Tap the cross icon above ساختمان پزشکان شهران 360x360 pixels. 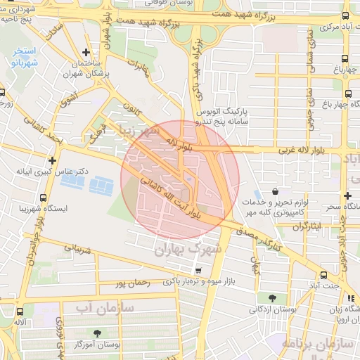coord(86,52)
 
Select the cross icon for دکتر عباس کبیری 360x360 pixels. coord(52,160)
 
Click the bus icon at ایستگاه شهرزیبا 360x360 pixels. coord(44,198)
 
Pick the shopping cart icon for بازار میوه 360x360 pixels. coord(198,271)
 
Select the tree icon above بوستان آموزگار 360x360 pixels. coord(96,333)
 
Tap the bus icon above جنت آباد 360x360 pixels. coord(323,275)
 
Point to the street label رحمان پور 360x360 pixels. coord(131,283)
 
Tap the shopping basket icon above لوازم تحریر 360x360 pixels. coord(275,192)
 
